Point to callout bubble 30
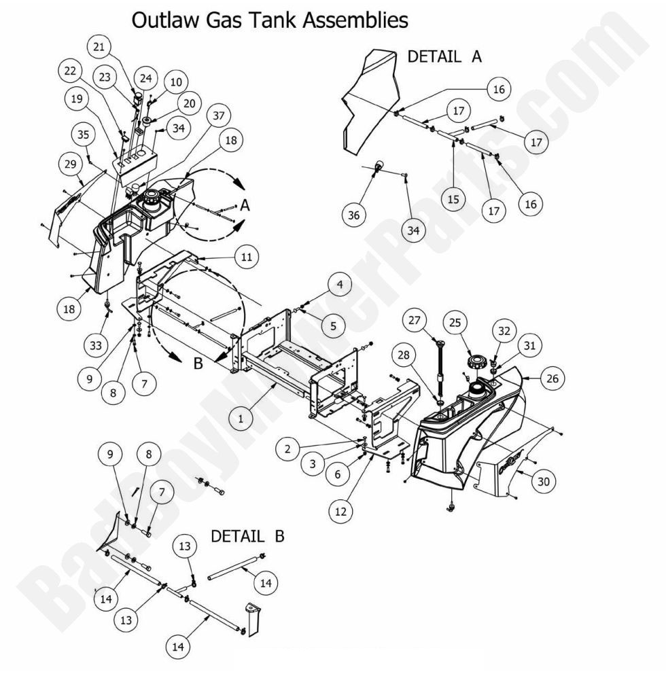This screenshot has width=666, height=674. (542, 480)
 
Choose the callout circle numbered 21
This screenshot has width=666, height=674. (99, 47)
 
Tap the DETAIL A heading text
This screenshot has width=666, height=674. (444, 56)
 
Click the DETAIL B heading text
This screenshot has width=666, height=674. (247, 536)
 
